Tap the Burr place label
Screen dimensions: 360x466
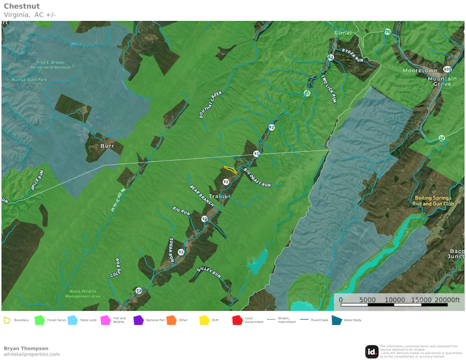[x=107, y=146]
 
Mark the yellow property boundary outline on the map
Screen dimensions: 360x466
[x=230, y=170]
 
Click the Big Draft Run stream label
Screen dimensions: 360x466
[x=257, y=178]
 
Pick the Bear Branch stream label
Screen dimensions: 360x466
[x=202, y=196]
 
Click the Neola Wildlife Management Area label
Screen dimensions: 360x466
[x=82, y=294]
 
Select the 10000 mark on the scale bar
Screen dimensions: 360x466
[x=394, y=300]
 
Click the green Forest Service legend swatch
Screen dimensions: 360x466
[x=40, y=320]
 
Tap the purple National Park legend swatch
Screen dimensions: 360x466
[x=138, y=320]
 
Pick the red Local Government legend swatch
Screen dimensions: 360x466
[x=236, y=320]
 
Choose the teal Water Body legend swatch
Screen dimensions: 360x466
[x=336, y=320]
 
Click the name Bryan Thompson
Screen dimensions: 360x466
[x=26, y=348]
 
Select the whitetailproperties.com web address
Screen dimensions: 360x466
[x=32, y=354]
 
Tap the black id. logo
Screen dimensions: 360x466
[x=371, y=351]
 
